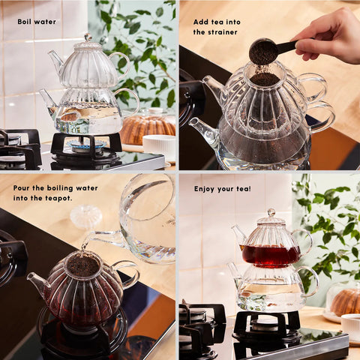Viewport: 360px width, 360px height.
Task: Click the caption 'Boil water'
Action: (x=37, y=22)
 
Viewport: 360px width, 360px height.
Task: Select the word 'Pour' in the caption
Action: (x=21, y=188)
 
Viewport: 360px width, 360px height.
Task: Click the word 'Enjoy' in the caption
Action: (x=204, y=189)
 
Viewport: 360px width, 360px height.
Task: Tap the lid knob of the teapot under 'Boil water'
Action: (x=88, y=37)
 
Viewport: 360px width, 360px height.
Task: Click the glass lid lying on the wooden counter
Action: (x=85, y=217)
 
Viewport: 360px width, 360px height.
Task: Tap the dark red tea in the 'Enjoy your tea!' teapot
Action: (x=271, y=256)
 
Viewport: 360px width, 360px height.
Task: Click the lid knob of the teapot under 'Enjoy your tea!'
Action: (x=271, y=213)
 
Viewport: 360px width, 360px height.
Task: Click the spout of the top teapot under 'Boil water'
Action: (x=55, y=60)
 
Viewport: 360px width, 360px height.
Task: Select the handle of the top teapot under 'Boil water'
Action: (x=123, y=64)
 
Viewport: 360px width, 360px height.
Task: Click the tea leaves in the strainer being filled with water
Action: (x=83, y=265)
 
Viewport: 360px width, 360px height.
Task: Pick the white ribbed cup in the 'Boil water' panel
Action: (x=159, y=147)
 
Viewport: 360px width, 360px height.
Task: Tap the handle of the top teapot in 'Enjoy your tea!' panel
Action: (x=305, y=241)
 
